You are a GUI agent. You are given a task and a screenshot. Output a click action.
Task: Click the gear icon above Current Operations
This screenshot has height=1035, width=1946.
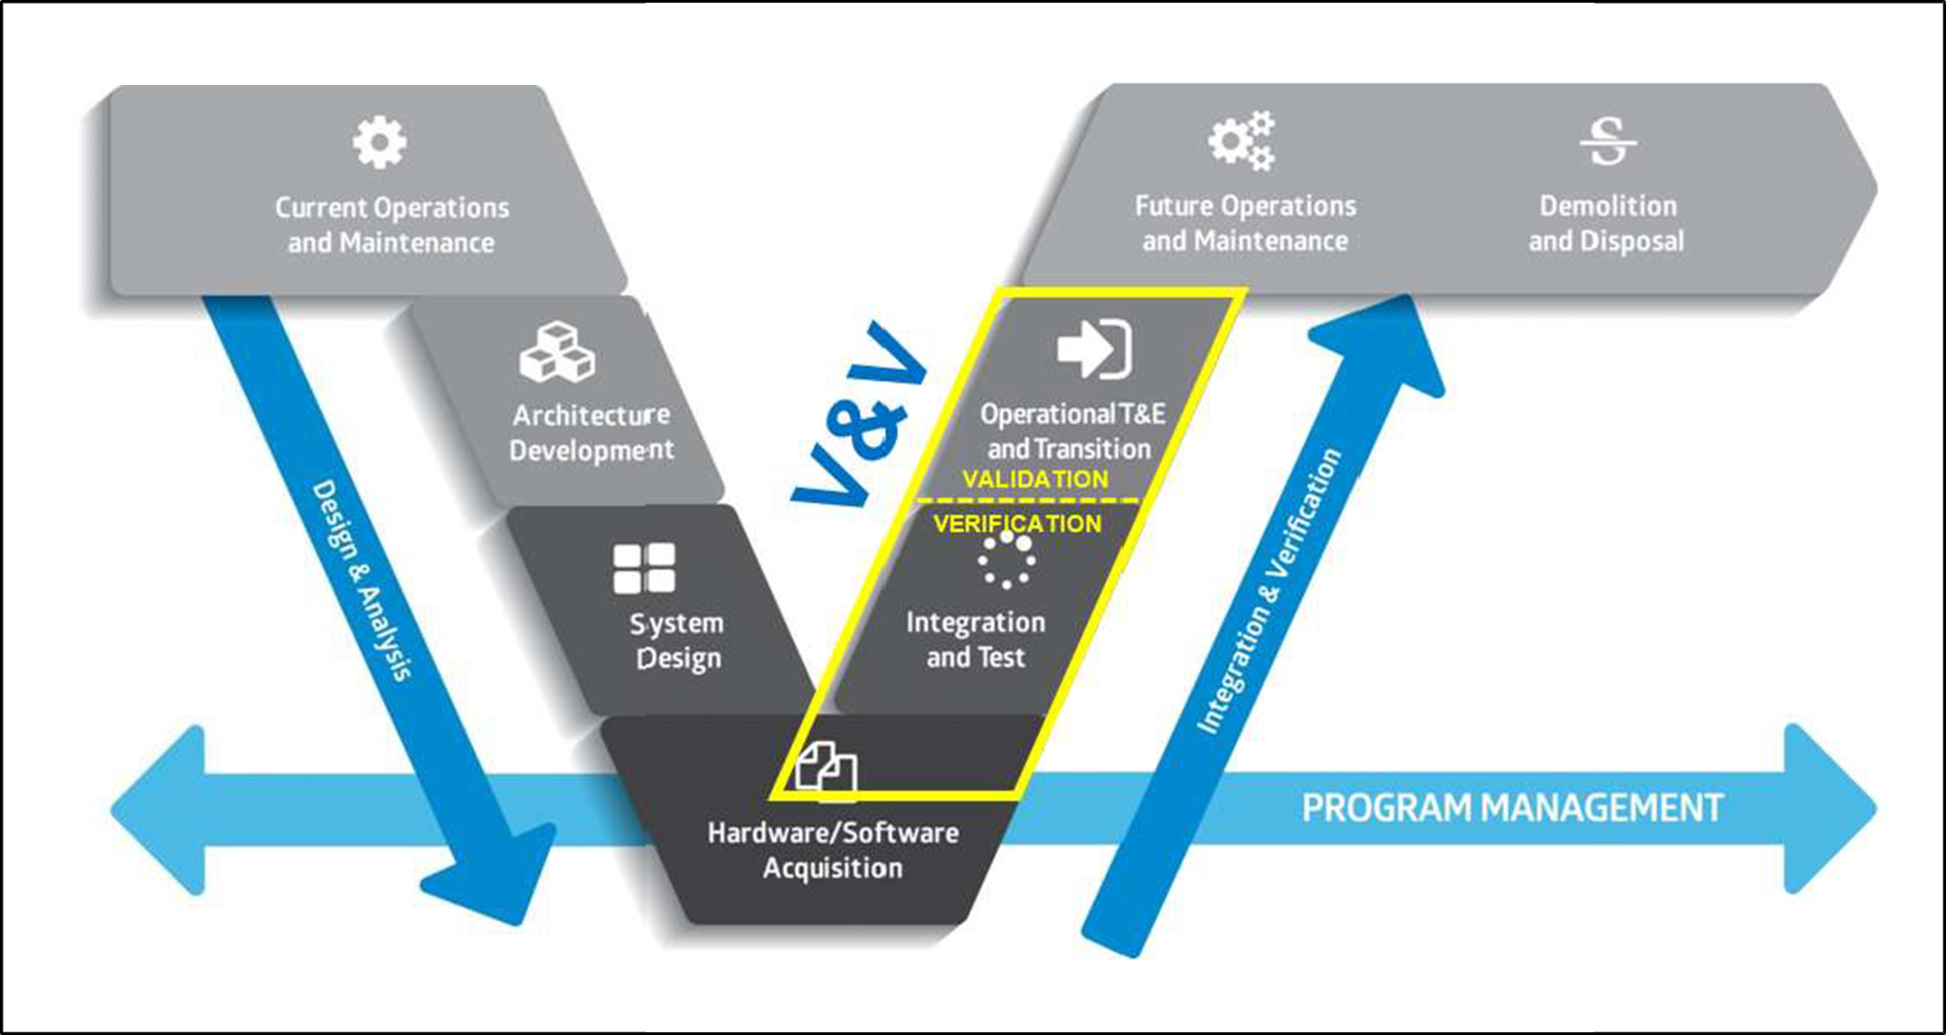click(379, 142)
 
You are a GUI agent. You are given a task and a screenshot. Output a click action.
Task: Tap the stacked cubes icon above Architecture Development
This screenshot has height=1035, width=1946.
click(557, 352)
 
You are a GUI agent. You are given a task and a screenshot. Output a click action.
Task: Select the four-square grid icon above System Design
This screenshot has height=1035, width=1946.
click(644, 568)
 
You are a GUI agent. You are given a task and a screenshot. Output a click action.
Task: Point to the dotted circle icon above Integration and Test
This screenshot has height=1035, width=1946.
click(1006, 559)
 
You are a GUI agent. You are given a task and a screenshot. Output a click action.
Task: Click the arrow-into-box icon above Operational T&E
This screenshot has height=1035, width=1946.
click(1094, 348)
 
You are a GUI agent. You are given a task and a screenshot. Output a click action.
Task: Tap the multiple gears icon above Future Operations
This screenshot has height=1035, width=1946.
click(1242, 140)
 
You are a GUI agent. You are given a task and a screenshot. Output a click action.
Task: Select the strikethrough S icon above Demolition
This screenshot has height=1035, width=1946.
click(1608, 141)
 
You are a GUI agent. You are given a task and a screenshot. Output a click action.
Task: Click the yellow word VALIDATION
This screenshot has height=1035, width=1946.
click(1035, 480)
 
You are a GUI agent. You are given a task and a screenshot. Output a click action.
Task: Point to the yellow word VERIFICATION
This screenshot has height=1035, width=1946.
click(1017, 524)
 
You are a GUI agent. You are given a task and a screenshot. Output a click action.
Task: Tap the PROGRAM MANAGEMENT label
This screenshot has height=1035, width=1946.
click(1512, 808)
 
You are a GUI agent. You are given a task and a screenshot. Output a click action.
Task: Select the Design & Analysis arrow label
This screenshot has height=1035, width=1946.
click(362, 579)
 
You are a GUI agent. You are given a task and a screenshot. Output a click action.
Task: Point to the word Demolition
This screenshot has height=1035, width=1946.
click(1608, 206)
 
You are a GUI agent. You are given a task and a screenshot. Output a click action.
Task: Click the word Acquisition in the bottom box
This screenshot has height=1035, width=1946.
click(832, 869)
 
